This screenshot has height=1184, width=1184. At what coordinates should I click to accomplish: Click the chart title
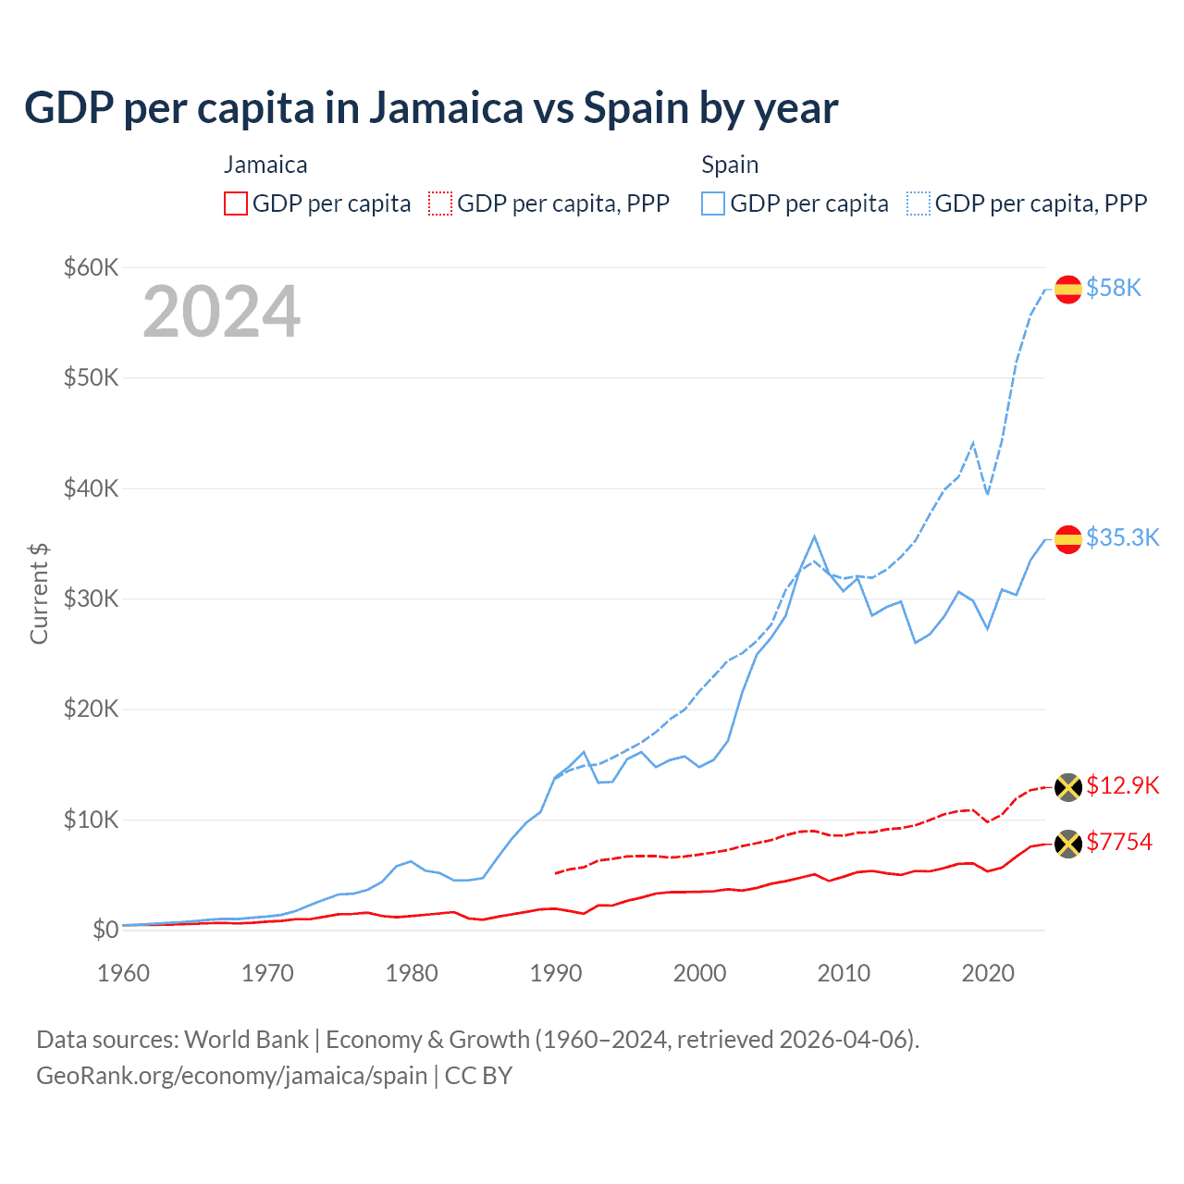[x=431, y=108]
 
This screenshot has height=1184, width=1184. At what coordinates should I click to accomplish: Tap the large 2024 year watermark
[x=222, y=312]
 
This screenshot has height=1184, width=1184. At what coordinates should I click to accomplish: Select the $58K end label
[x=1114, y=289]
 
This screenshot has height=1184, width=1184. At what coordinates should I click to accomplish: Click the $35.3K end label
[x=1122, y=537]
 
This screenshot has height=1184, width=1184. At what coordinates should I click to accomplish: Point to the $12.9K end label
[x=1122, y=785]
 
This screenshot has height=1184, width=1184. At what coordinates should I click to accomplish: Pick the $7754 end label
[x=1118, y=842]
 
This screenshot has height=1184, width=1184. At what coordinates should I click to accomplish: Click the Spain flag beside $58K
[x=1068, y=289]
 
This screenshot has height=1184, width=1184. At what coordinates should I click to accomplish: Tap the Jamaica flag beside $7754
[x=1068, y=844]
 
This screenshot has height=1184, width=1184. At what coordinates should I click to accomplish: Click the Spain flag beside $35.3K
[x=1068, y=538]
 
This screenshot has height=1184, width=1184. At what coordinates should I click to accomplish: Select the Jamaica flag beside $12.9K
[x=1068, y=787]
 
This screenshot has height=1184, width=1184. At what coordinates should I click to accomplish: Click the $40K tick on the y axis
[x=91, y=488]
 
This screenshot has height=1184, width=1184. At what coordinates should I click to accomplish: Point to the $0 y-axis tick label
[x=105, y=930]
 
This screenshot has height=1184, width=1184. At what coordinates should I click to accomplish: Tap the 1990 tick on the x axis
[x=556, y=973]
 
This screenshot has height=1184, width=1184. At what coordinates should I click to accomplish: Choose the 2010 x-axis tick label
[x=844, y=973]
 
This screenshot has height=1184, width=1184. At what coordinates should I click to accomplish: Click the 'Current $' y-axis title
[x=39, y=593]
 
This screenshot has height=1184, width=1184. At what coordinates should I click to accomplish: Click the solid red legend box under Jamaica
[x=236, y=203]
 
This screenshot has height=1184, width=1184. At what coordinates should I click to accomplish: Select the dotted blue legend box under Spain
[x=919, y=203]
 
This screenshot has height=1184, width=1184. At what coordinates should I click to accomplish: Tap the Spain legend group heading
[x=730, y=165]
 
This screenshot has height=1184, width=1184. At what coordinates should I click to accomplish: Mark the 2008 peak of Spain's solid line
[x=814, y=536]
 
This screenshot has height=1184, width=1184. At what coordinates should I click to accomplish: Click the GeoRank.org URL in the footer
[x=231, y=1076]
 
